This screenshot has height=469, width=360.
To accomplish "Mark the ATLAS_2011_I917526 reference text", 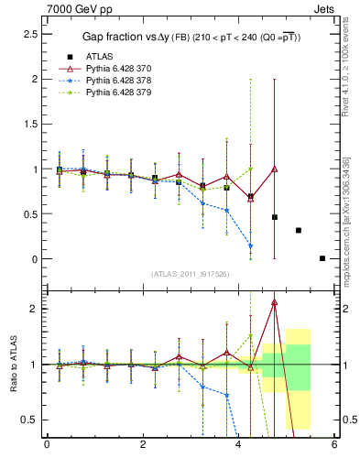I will pos(191,274).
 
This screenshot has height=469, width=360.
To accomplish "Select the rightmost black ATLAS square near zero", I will pos(322,258).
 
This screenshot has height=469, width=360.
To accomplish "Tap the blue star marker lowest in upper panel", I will pos(250,245).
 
